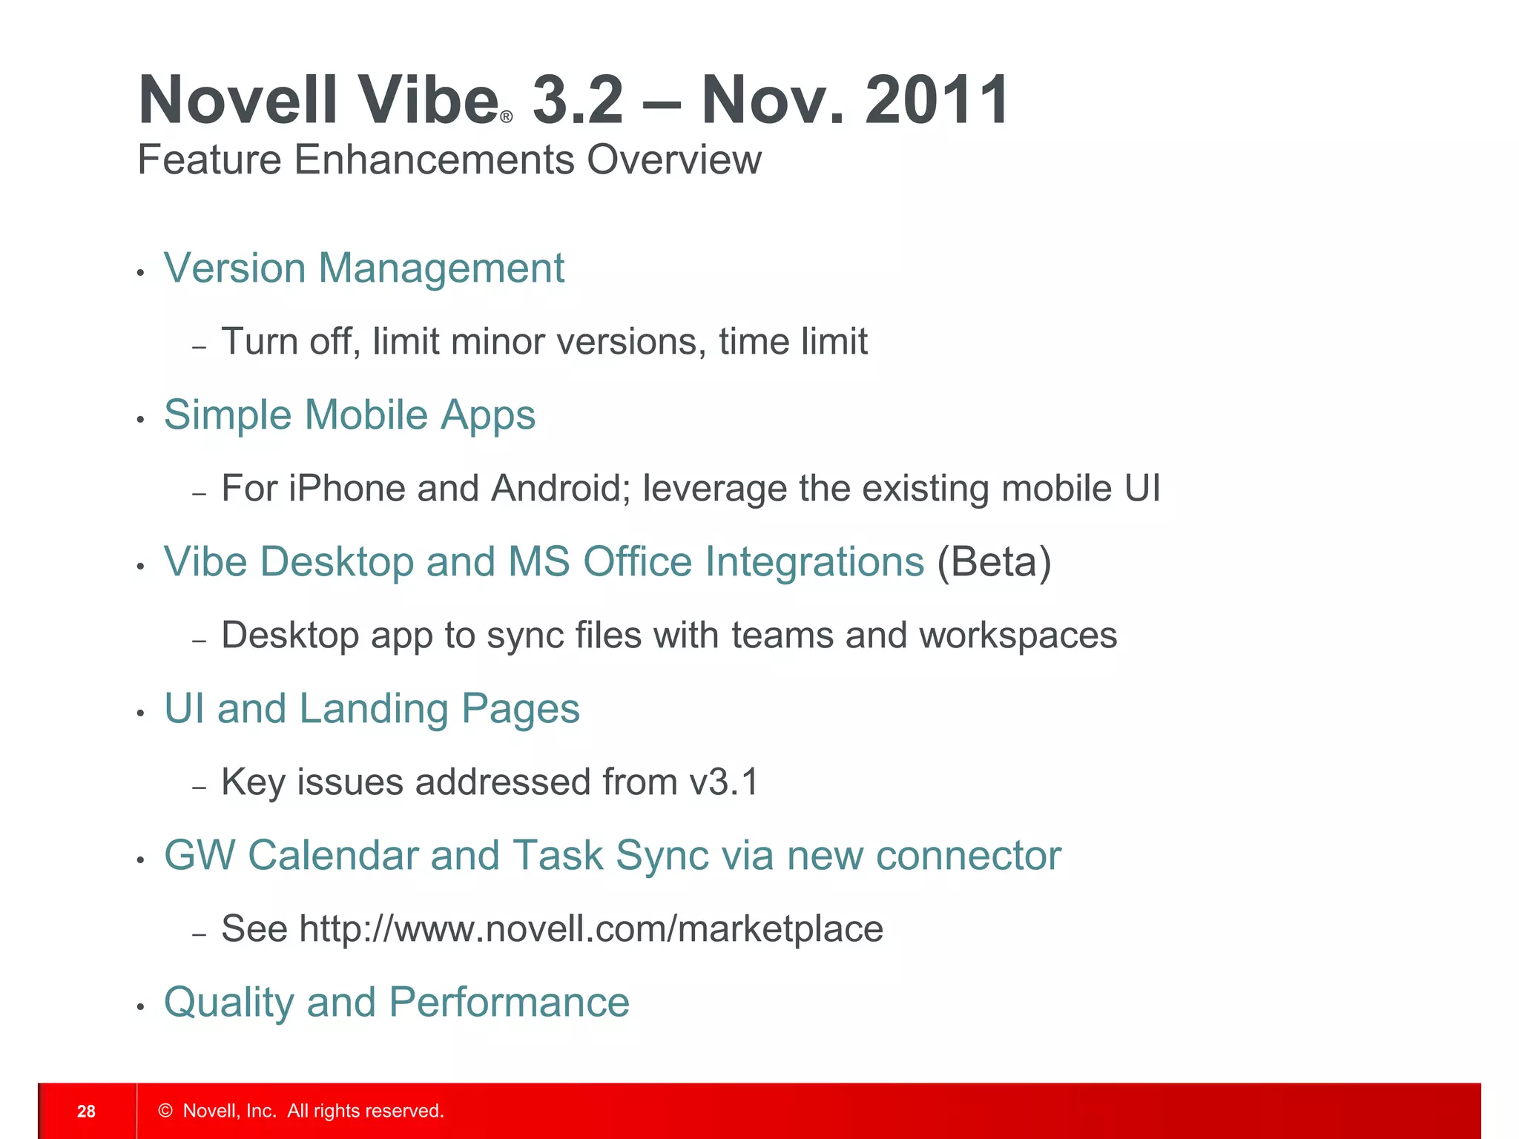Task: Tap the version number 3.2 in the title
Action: pyautogui.click(x=579, y=100)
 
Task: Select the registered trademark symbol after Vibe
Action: pyautogui.click(x=507, y=117)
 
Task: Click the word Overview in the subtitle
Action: pyautogui.click(x=673, y=160)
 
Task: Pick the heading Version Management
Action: pyautogui.click(x=363, y=268)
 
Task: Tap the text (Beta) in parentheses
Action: pyautogui.click(x=994, y=562)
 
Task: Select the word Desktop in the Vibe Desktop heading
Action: pyautogui.click(x=337, y=562)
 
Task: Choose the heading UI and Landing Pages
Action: pyautogui.click(x=372, y=709)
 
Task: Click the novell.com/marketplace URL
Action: pyautogui.click(x=591, y=929)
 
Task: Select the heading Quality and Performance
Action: pyautogui.click(x=396, y=1003)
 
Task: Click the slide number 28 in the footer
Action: pyautogui.click(x=86, y=1111)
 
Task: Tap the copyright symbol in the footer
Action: pyautogui.click(x=165, y=1111)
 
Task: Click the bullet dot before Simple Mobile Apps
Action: pyautogui.click(x=140, y=420)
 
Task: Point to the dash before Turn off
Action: pyautogui.click(x=198, y=347)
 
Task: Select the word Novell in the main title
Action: pyautogui.click(x=238, y=100)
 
